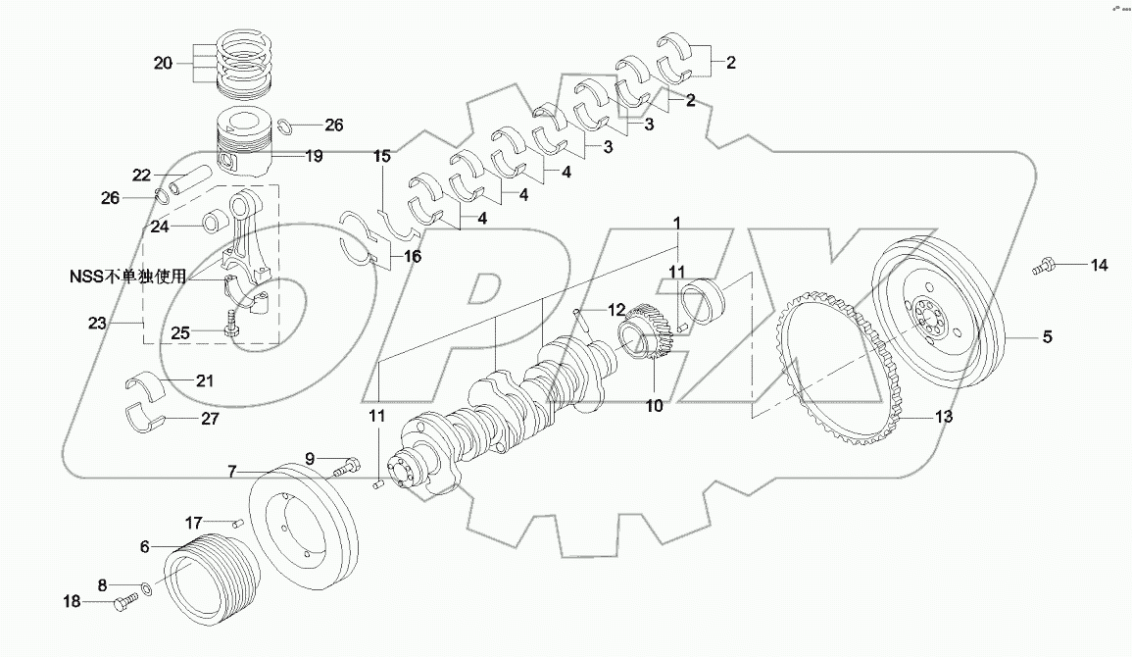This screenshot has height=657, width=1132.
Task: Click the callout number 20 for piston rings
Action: coord(163,63)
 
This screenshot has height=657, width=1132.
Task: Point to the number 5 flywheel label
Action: coord(1047,337)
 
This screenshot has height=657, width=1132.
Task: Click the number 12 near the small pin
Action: coord(615,310)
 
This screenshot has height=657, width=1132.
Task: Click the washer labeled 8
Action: coord(145,589)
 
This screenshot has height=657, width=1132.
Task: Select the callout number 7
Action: coord(232,472)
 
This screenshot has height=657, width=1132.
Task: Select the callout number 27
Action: coord(209,419)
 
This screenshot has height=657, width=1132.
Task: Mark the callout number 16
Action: coord(384,257)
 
